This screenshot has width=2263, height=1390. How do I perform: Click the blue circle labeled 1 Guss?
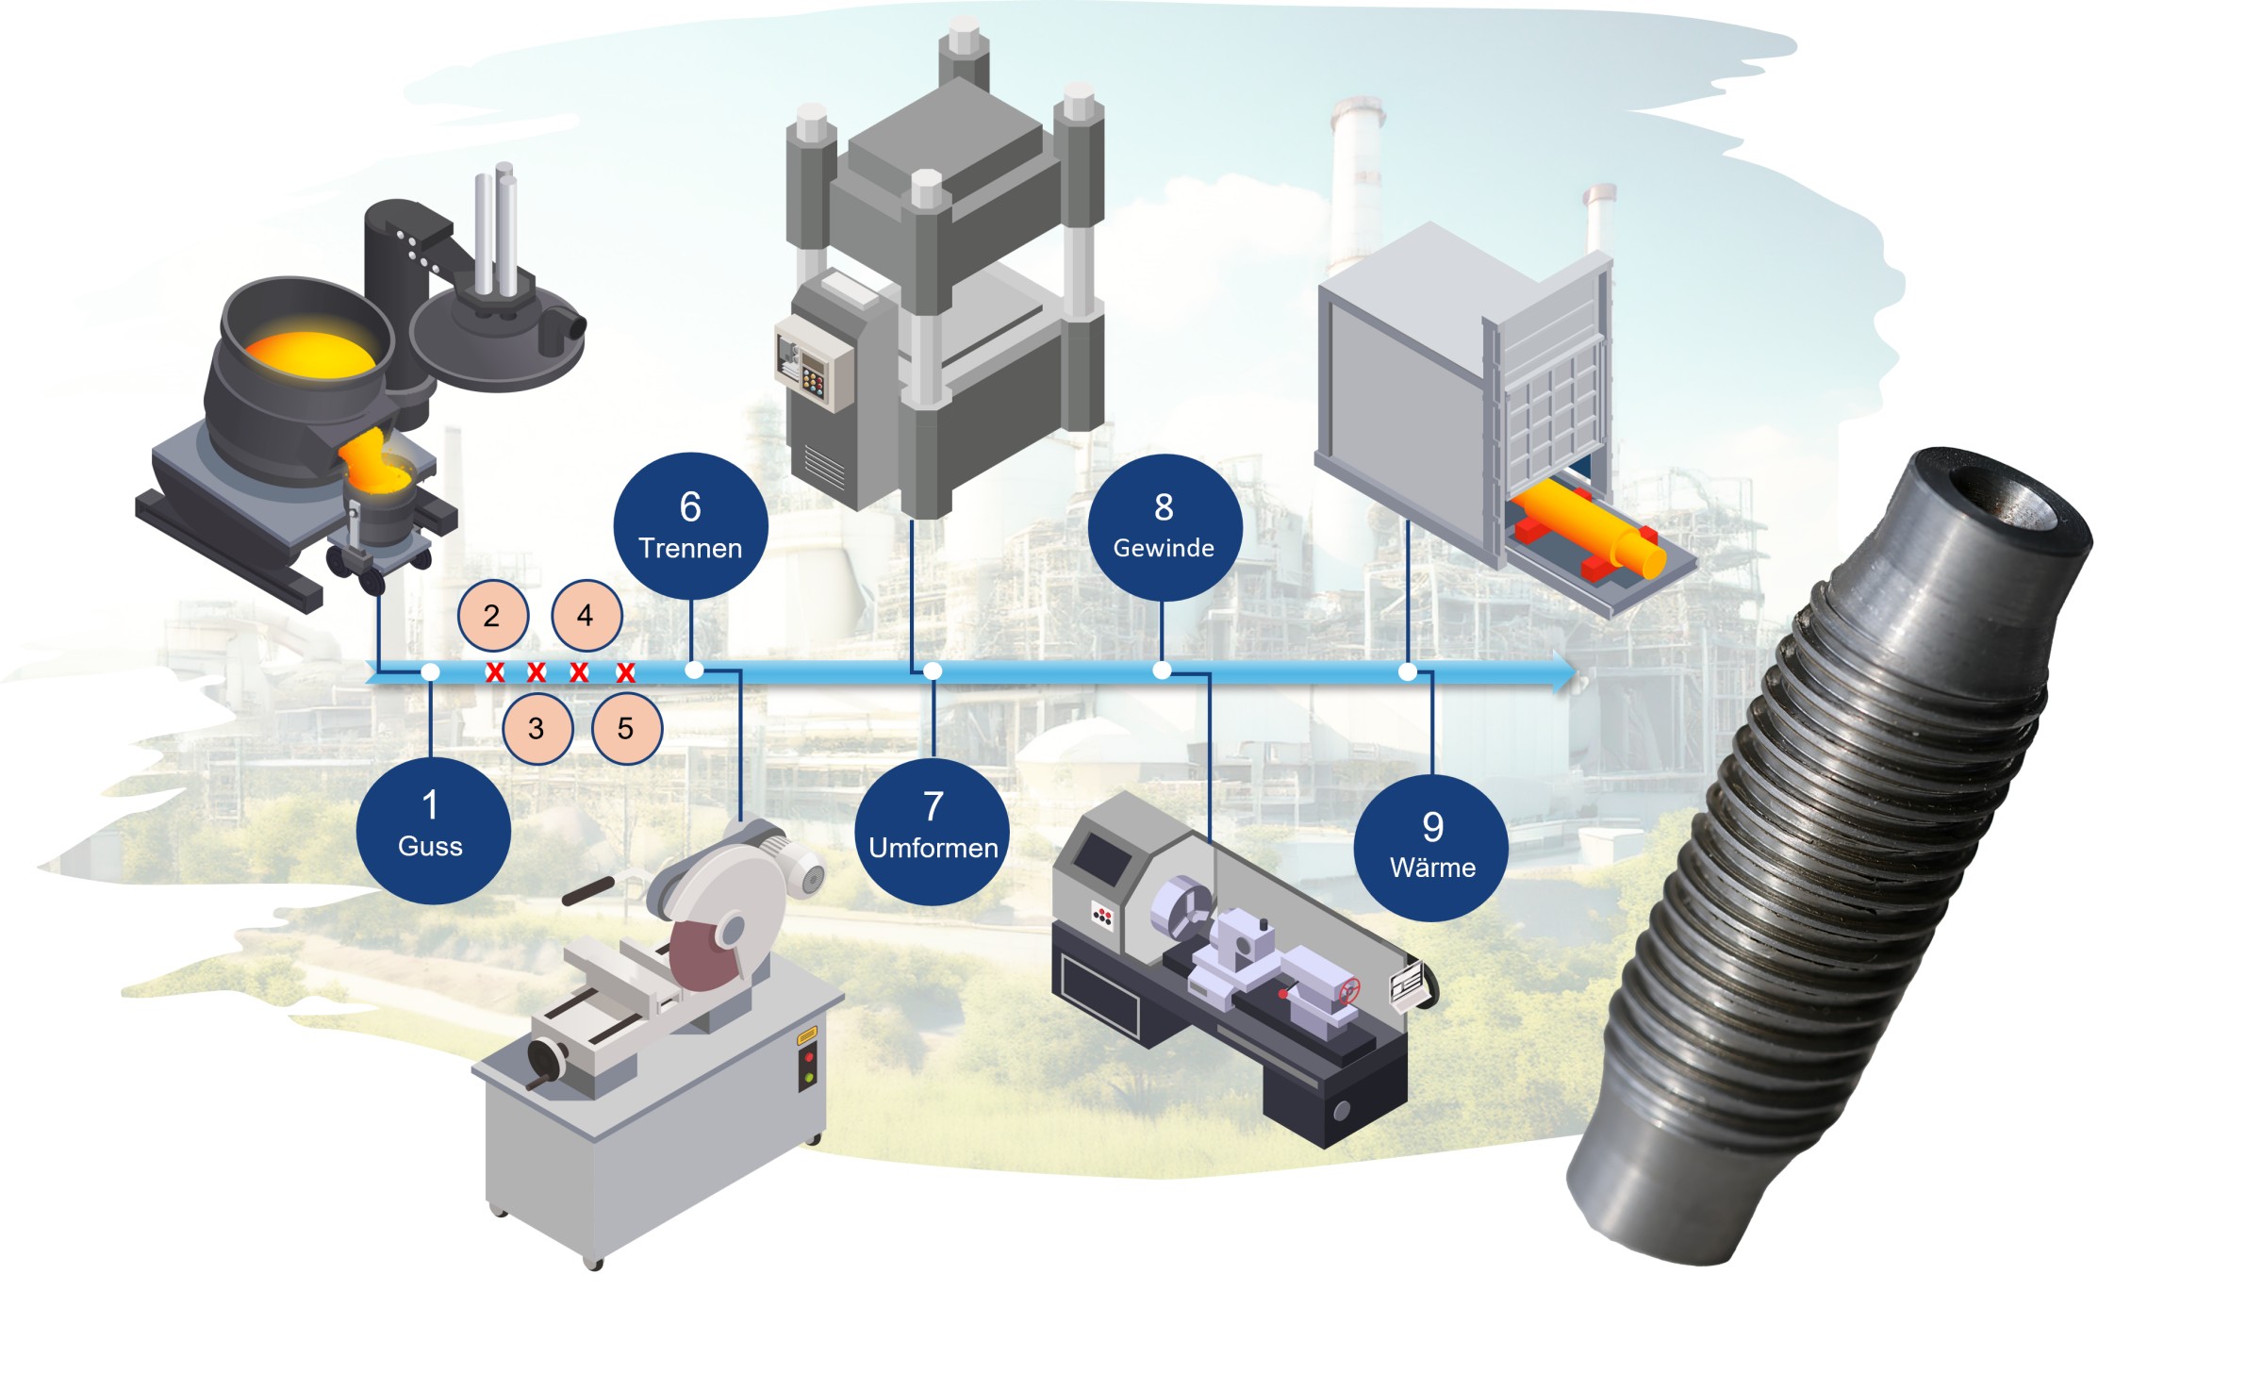tap(433, 831)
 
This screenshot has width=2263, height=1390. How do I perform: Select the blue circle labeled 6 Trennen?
tap(690, 525)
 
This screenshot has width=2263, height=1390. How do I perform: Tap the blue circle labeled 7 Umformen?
tap(933, 832)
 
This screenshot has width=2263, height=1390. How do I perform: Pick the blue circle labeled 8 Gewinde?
tap(1164, 527)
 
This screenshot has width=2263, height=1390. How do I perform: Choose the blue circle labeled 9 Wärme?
tap(1431, 848)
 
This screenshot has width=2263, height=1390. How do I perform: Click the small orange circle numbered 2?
tap(492, 616)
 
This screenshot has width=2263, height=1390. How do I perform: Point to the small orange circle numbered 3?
tap(537, 728)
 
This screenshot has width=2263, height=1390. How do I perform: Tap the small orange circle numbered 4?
tap(586, 616)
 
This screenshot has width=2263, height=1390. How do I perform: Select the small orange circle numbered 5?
tap(626, 728)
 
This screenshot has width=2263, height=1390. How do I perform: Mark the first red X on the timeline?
tap(495, 672)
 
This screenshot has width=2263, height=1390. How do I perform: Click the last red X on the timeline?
tap(625, 672)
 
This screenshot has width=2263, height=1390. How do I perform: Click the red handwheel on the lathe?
tap(1349, 991)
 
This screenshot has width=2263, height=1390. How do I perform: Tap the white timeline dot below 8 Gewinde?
tap(1163, 670)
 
